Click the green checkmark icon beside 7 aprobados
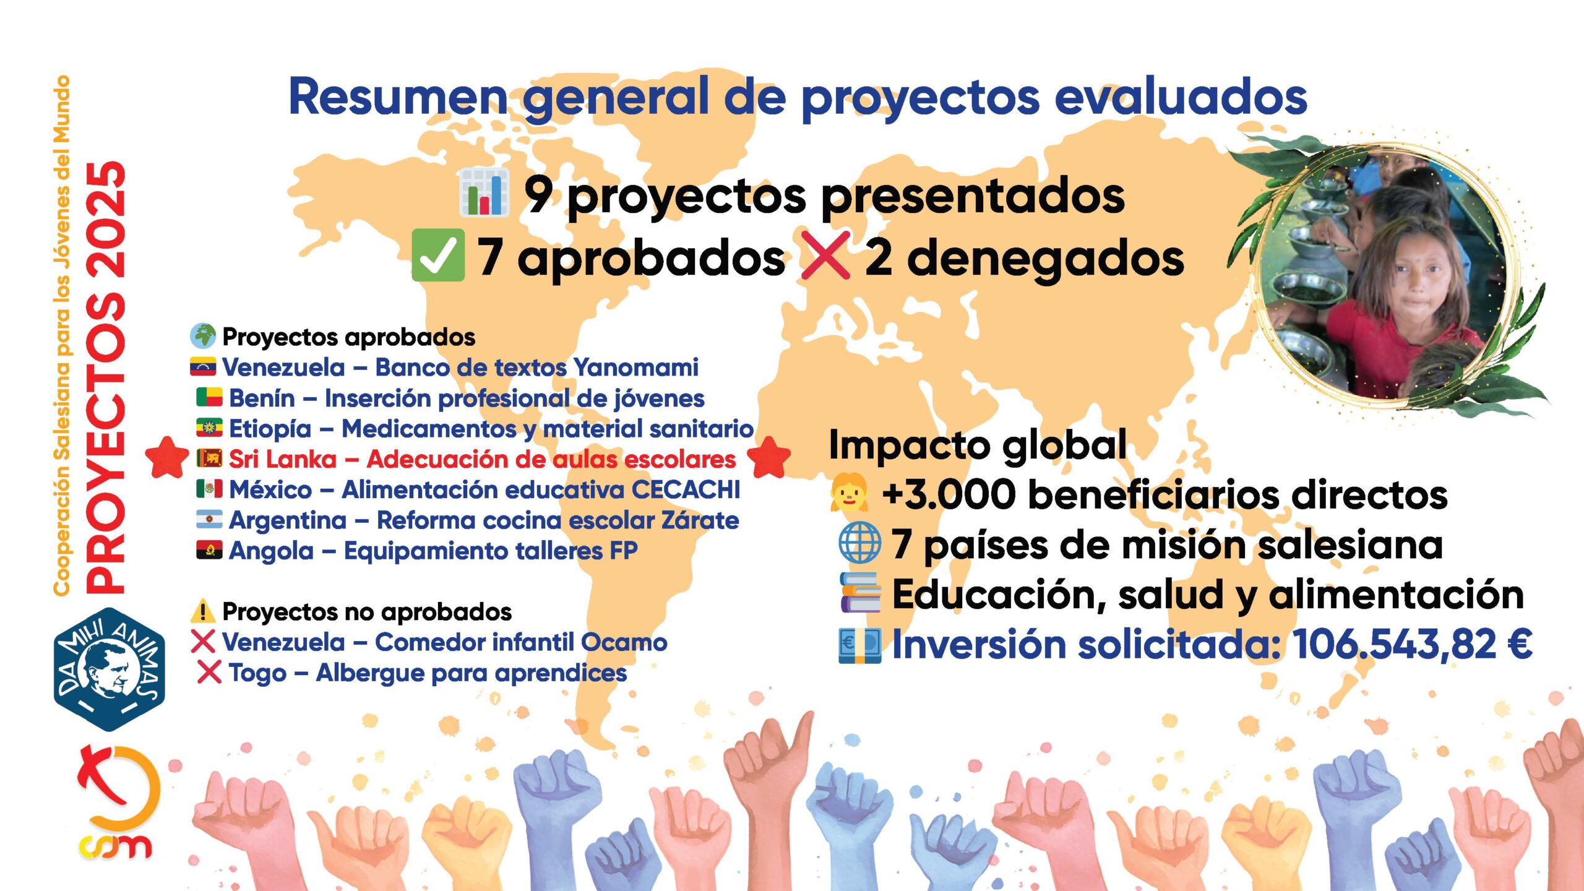(x=438, y=255)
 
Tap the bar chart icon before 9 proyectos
(x=484, y=193)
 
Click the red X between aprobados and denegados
(x=825, y=256)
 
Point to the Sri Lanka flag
(x=209, y=458)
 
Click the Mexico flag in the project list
(x=209, y=489)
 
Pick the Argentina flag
(x=209, y=519)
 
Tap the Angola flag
(x=209, y=549)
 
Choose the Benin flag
(x=209, y=397)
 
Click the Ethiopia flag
(x=209, y=428)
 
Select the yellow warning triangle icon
(x=203, y=611)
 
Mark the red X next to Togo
(x=209, y=672)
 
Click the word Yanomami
(x=636, y=368)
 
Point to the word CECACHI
(x=686, y=489)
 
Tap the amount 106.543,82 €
(x=1413, y=644)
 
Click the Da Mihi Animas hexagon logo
(x=110, y=669)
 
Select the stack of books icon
(x=860, y=592)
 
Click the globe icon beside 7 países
(x=860, y=543)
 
